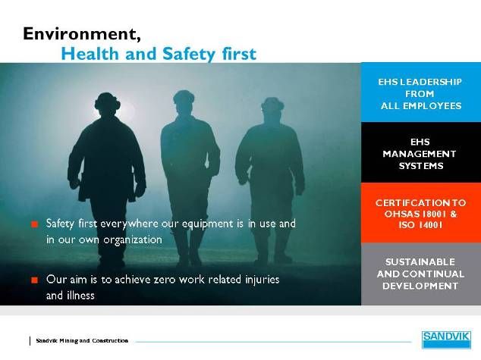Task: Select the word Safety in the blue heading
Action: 189,54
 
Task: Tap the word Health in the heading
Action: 90,54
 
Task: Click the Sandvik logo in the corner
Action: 446,340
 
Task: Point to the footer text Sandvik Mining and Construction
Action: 82,341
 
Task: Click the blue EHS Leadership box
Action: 421,92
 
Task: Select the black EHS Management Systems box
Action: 421,152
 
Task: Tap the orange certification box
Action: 421,213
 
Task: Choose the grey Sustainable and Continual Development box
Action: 421,274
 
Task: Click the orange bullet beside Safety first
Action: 35,224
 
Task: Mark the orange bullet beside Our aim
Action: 35,280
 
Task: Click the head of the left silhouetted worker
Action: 107,104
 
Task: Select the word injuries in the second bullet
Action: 263,280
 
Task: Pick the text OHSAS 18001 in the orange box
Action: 416,214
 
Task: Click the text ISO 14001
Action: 420,225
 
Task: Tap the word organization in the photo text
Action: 133,240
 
